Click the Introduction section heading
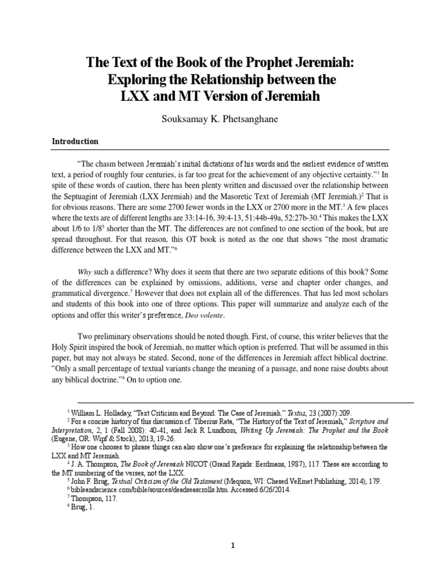[76, 141]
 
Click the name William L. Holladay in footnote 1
[107, 412]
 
